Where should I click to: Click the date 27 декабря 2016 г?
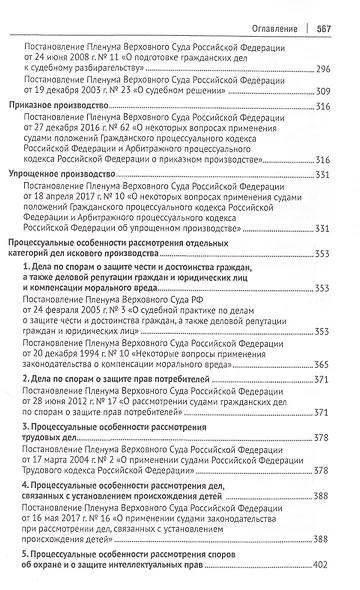[81, 159]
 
